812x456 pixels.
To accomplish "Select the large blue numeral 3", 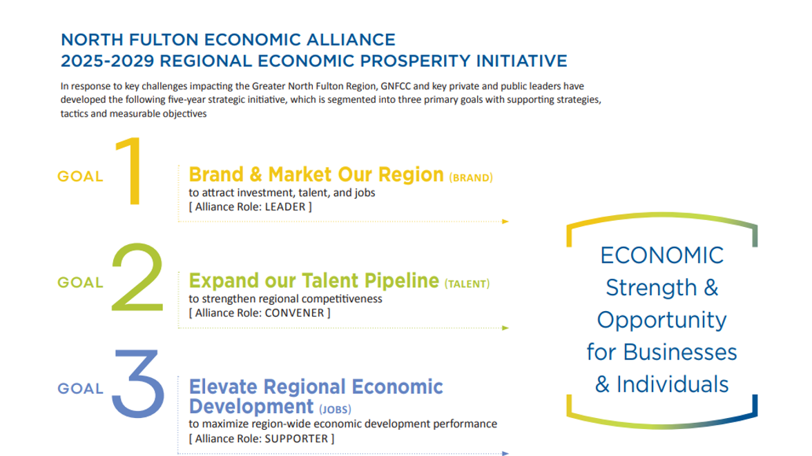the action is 139,384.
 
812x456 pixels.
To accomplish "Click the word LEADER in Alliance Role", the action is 284,207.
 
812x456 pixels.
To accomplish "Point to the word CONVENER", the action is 294,313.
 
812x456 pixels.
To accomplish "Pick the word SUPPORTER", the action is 296,439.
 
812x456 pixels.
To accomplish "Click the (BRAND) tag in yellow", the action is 471,178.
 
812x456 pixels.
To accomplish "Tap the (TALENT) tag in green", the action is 467,284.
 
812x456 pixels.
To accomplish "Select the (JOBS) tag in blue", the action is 335,409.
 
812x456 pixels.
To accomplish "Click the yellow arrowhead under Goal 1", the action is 505,221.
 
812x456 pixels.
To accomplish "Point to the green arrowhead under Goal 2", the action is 505,328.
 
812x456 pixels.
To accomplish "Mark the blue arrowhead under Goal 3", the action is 505,454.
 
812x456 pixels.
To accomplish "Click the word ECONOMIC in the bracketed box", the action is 661,255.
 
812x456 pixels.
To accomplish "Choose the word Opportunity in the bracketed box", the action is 661,320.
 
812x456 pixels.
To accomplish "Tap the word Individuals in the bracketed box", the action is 673,384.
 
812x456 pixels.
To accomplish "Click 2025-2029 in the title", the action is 108,61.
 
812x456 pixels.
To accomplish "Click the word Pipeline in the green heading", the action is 402,281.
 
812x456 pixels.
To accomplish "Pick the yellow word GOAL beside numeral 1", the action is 80,177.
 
